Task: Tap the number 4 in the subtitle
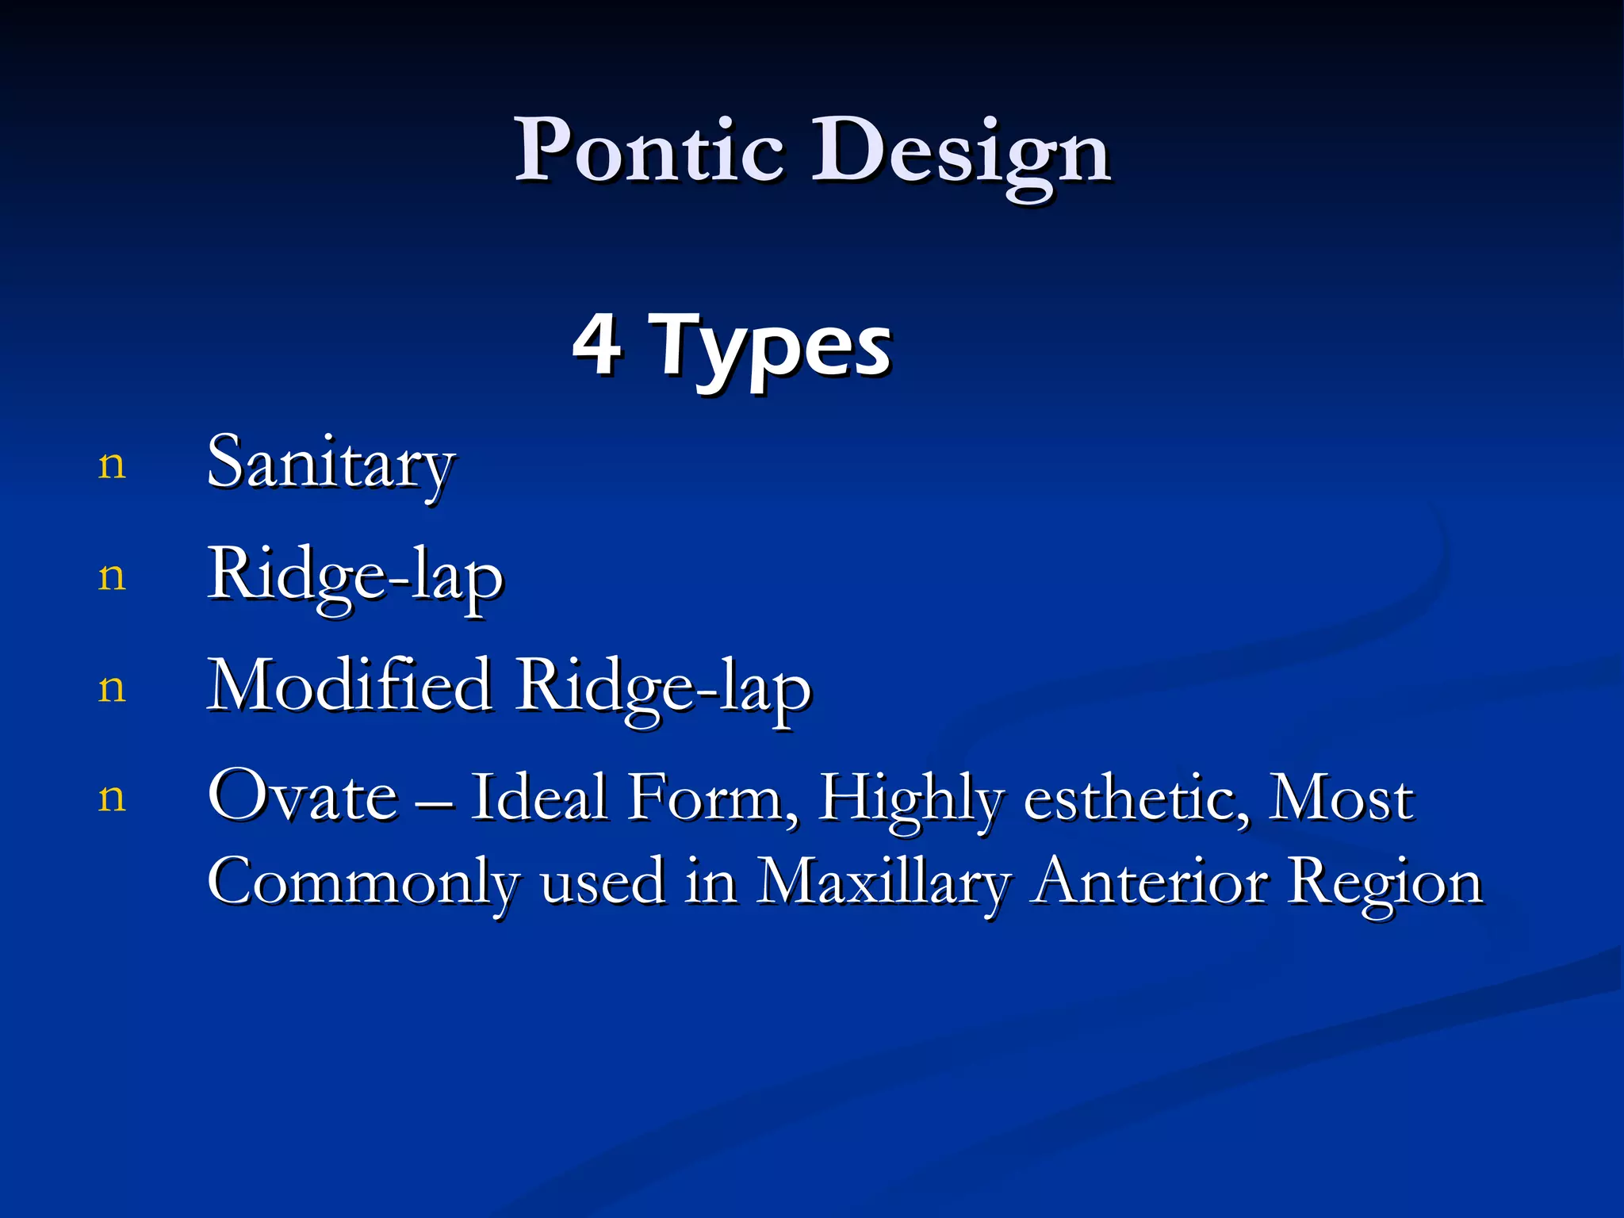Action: [x=596, y=343]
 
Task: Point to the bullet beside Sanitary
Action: [x=112, y=465]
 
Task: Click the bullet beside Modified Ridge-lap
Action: [x=112, y=688]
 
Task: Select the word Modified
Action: [x=349, y=685]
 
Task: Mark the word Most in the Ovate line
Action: [x=1341, y=796]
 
